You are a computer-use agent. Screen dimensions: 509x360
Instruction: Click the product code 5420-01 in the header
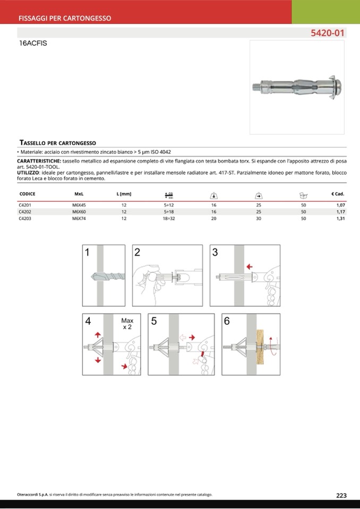point(328,33)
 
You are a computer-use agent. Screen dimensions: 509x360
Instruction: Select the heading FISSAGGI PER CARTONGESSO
point(65,18)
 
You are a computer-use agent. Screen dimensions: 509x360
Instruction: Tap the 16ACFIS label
point(33,44)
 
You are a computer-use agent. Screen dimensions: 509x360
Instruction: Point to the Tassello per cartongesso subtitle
point(57,143)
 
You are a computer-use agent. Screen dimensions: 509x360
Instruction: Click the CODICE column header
point(27,194)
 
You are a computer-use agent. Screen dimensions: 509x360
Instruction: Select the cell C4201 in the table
point(25,204)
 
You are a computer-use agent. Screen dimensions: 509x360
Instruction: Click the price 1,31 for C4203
point(340,218)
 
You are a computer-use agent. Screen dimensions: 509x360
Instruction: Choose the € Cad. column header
point(338,194)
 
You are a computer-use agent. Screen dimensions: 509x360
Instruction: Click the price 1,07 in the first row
point(340,204)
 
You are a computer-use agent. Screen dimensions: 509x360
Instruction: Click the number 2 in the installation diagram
point(137,253)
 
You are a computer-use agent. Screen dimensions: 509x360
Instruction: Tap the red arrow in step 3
point(249,266)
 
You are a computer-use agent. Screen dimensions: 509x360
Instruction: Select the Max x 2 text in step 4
point(127,324)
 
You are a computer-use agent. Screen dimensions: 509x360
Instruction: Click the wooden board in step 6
point(261,347)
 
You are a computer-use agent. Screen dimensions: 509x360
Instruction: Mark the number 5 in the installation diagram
point(154,321)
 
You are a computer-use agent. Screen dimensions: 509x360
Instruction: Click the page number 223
point(341,495)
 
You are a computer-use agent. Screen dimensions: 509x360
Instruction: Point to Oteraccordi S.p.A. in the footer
point(33,495)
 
